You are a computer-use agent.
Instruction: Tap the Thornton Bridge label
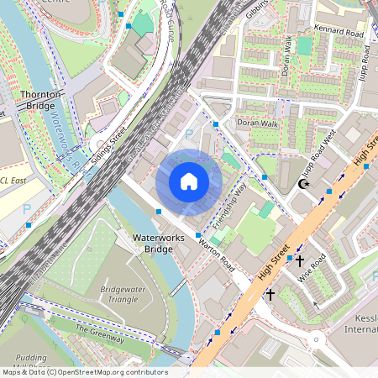pyautogui.click(x=40, y=101)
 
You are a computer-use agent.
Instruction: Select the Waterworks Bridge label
pyautogui.click(x=153, y=244)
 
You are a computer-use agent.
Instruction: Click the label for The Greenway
pyautogui.click(x=100, y=334)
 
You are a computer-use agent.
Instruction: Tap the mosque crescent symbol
pyautogui.click(x=304, y=185)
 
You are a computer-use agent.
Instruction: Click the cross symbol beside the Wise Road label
pyautogui.click(x=298, y=262)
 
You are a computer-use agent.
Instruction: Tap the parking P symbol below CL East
pyautogui.click(x=26, y=208)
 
